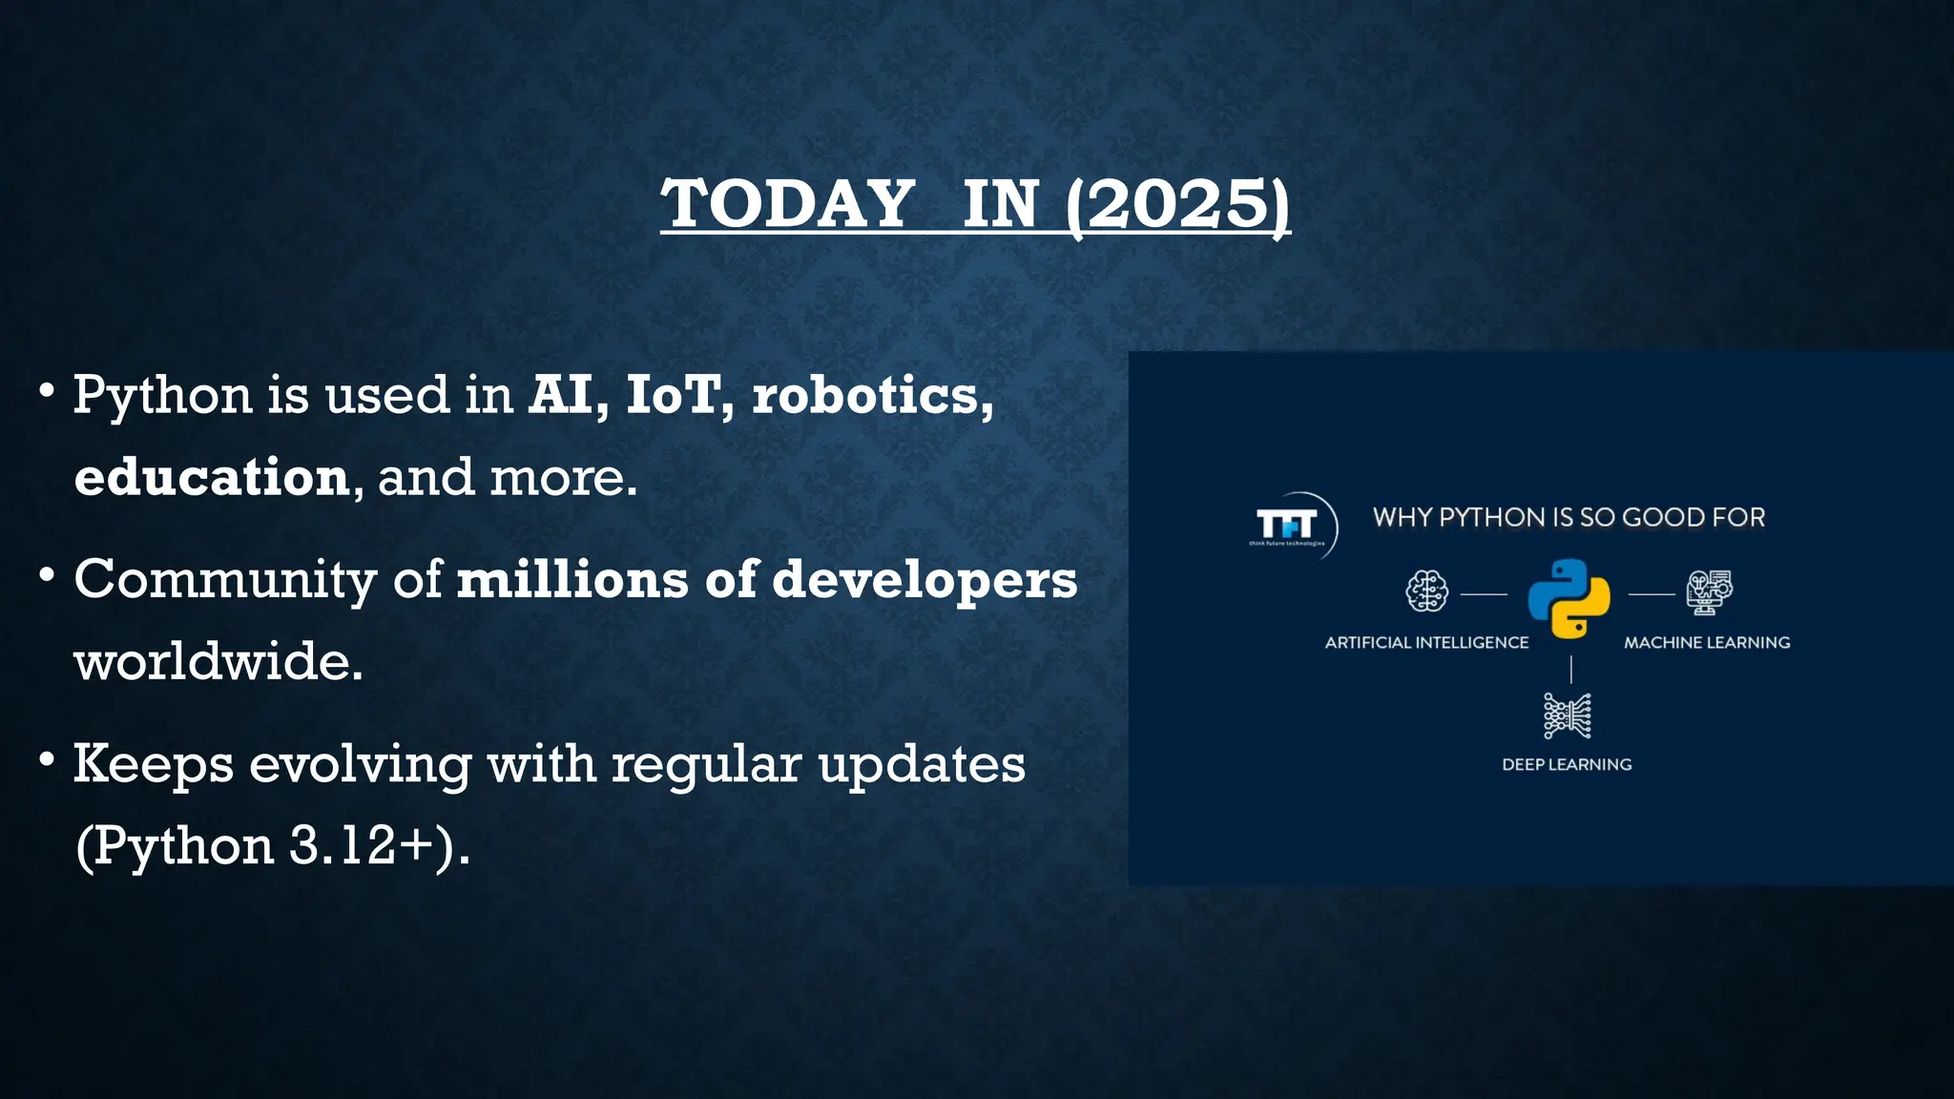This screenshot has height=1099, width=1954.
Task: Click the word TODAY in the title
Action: (788, 204)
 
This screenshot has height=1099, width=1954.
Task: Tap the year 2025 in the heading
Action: (1178, 204)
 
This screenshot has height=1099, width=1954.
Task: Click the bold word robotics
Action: (866, 395)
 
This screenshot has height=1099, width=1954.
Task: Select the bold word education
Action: (212, 477)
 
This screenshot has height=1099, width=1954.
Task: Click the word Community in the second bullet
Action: (225, 580)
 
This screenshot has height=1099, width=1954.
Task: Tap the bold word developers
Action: (925, 580)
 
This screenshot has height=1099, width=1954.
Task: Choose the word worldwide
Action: (218, 661)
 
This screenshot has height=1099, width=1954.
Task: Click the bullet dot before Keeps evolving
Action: (47, 760)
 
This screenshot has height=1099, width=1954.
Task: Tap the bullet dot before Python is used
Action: (47, 391)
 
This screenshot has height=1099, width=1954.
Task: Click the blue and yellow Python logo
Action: (1569, 598)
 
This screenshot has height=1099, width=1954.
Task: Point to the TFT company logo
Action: (1288, 526)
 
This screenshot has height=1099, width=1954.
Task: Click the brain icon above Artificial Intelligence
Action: (1426, 591)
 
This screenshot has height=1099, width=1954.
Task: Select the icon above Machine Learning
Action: (1709, 591)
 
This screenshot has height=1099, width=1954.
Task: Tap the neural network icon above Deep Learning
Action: (1568, 716)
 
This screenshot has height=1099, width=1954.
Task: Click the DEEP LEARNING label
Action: (1567, 765)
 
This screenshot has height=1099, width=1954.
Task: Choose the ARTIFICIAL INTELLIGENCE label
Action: (1426, 643)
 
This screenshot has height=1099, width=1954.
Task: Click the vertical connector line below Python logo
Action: (1570, 669)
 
